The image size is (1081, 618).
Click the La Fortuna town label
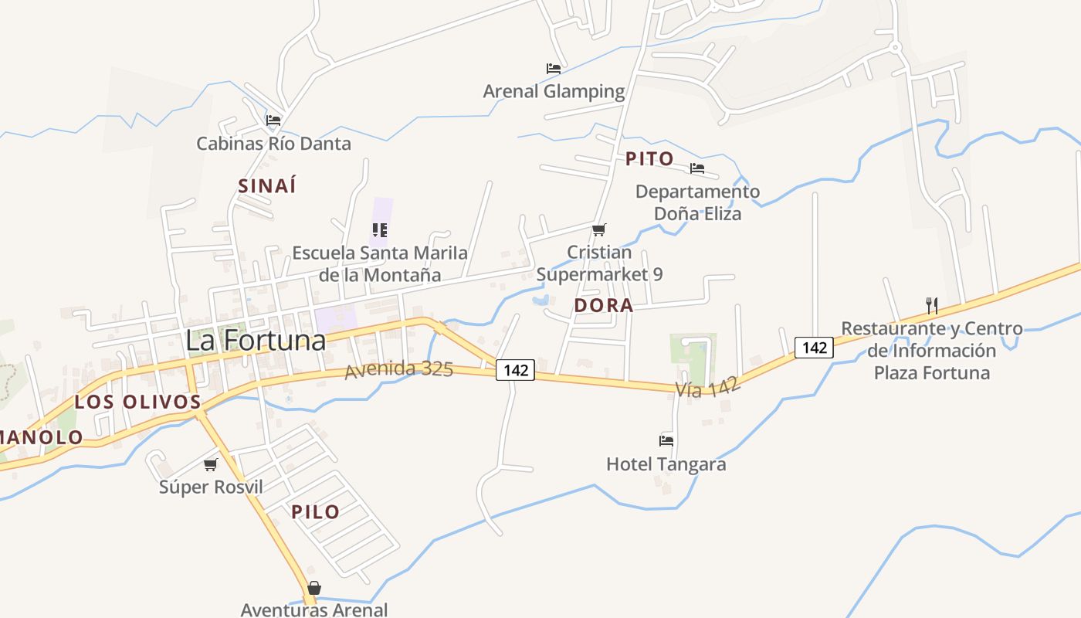pos(255,340)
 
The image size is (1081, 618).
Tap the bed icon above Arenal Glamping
pos(553,69)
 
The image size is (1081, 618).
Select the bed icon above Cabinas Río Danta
pos(273,121)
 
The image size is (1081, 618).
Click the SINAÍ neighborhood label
pos(267,186)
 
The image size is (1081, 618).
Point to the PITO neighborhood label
pos(649,159)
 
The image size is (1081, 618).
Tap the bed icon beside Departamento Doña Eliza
pos(697,168)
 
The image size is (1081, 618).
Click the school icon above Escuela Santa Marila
pos(379,229)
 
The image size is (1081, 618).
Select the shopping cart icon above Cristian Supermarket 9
pos(598,229)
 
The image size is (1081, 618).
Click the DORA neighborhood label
pos(604,305)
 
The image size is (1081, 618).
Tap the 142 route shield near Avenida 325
pos(515,370)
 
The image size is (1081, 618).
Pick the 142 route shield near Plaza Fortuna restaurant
pos(815,348)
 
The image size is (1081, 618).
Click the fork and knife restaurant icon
pos(932,305)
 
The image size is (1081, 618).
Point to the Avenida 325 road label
pos(398,369)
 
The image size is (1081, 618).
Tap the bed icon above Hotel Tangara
pos(666,441)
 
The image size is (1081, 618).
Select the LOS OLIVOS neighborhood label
pos(137,402)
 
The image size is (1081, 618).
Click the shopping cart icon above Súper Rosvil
pos(210,464)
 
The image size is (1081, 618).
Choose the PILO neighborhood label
pos(315,511)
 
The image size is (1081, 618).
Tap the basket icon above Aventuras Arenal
pos(313,588)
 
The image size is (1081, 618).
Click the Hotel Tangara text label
pos(666,464)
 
